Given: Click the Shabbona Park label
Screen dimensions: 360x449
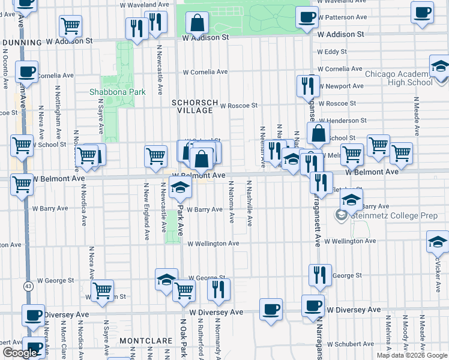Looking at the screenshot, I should [x=118, y=92].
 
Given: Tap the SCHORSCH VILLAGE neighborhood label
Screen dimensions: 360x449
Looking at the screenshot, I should [x=193, y=106].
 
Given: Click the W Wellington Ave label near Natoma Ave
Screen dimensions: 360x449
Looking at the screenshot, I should [x=213, y=244].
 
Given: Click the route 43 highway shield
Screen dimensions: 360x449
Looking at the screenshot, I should [x=28, y=287].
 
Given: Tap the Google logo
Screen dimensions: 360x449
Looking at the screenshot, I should [x=20, y=352].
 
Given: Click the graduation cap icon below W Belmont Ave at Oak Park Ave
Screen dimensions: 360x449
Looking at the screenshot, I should [x=179, y=187].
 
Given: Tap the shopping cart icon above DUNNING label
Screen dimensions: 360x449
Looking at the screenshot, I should [x=71, y=25].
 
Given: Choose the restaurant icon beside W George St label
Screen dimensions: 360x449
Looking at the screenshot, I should [x=319, y=274].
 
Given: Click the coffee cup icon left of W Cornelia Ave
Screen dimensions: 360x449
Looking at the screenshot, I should [x=26, y=71].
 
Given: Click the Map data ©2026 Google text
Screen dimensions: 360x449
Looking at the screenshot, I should [x=412, y=355].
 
